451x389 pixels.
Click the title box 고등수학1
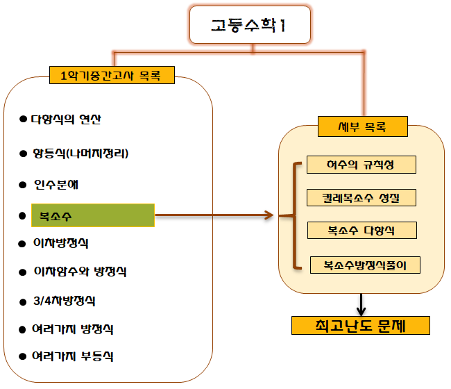[x=248, y=26]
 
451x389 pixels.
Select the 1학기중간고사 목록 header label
[x=111, y=74]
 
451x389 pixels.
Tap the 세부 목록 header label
[x=361, y=128]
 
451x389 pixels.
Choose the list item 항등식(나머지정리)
[x=80, y=152]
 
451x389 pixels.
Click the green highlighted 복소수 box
[x=93, y=215]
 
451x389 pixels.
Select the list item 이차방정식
[x=60, y=243]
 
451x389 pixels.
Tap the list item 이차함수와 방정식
[x=79, y=272]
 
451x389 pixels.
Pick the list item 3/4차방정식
[x=63, y=301]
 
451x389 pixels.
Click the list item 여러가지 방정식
[x=72, y=328]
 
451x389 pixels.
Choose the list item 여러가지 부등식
[x=72, y=356]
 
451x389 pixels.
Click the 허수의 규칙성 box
[x=361, y=165]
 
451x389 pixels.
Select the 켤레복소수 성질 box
[x=361, y=197]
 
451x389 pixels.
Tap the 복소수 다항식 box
[x=361, y=229]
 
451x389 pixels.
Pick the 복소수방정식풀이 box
[x=365, y=265]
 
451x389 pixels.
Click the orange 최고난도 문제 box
[x=361, y=325]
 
